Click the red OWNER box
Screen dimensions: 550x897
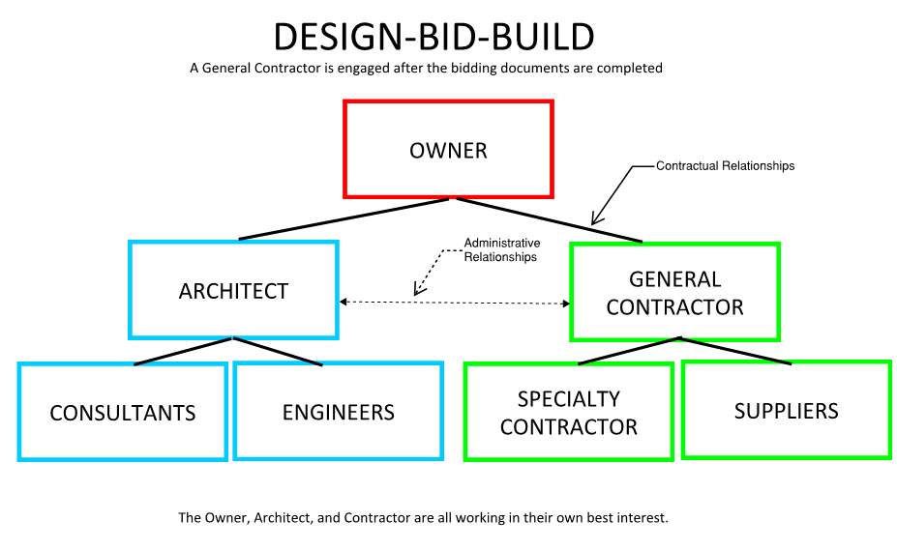448,150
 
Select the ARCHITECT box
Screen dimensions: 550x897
233,290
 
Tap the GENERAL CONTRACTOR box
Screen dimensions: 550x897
674,292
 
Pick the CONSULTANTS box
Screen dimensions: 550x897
123,412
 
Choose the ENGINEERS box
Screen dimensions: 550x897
338,411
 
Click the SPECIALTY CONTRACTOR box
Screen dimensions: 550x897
569,412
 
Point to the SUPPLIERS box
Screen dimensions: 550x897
786,410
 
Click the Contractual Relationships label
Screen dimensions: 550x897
725,166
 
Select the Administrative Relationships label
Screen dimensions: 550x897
501,250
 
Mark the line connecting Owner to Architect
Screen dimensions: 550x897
344,219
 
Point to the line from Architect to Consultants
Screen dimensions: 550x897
183,352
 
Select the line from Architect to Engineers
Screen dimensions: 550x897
277,352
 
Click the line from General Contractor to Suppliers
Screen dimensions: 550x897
735,351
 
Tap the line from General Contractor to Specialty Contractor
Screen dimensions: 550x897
629,351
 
